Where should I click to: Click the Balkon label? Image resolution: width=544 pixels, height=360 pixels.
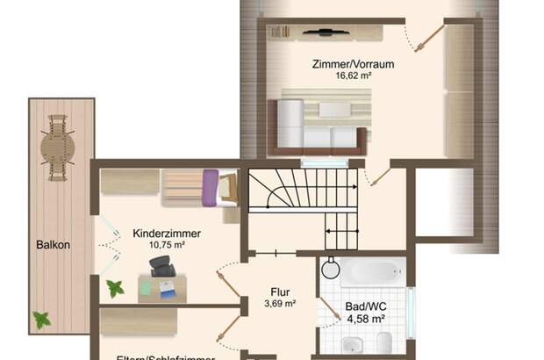click(53, 246)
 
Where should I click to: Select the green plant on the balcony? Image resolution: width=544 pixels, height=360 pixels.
click(41, 320)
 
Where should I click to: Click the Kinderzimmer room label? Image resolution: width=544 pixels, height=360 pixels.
click(167, 234)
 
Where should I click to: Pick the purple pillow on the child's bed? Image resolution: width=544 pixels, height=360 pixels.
click(210, 188)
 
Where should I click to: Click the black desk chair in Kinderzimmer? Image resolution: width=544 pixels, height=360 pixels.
click(162, 265)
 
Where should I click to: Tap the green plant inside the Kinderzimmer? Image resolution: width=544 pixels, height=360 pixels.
click(115, 287)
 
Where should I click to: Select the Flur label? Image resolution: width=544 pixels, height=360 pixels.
click(280, 293)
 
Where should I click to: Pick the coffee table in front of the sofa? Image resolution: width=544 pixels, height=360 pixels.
click(334, 110)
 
